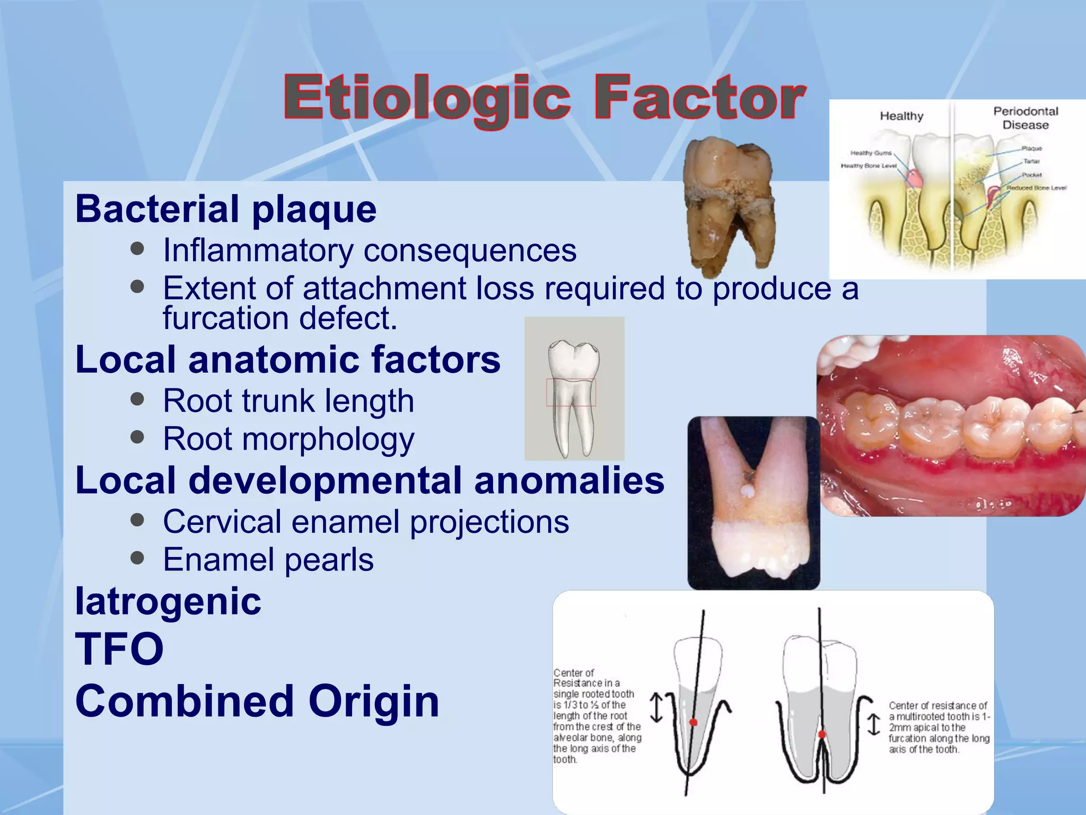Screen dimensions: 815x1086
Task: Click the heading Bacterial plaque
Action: (x=226, y=209)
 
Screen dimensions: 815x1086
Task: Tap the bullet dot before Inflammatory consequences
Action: (x=137, y=249)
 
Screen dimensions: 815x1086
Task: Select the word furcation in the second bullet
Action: (x=226, y=319)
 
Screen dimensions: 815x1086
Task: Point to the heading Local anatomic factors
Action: (x=287, y=360)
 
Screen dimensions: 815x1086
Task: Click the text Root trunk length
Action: (x=288, y=401)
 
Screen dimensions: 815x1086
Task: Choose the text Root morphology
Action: (x=288, y=439)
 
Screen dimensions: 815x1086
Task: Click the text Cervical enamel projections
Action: (x=365, y=522)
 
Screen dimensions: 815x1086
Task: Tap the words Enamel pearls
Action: (x=268, y=560)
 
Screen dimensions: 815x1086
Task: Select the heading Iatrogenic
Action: (x=168, y=602)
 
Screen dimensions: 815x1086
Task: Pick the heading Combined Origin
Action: (x=257, y=701)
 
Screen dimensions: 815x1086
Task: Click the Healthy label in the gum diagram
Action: (x=901, y=116)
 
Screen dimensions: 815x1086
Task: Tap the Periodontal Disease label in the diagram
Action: (x=1025, y=118)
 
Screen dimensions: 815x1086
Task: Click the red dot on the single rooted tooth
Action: (x=693, y=722)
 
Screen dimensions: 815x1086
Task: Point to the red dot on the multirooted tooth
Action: (x=821, y=734)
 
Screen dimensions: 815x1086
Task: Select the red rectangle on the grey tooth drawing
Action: (x=571, y=393)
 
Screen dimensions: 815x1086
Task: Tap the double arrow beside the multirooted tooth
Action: (x=873, y=725)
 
